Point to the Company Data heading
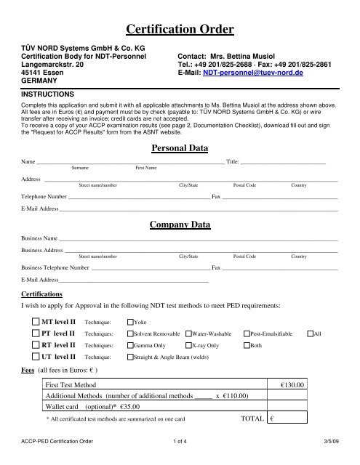(x=180, y=225)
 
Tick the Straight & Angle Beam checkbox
(x=130, y=357)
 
